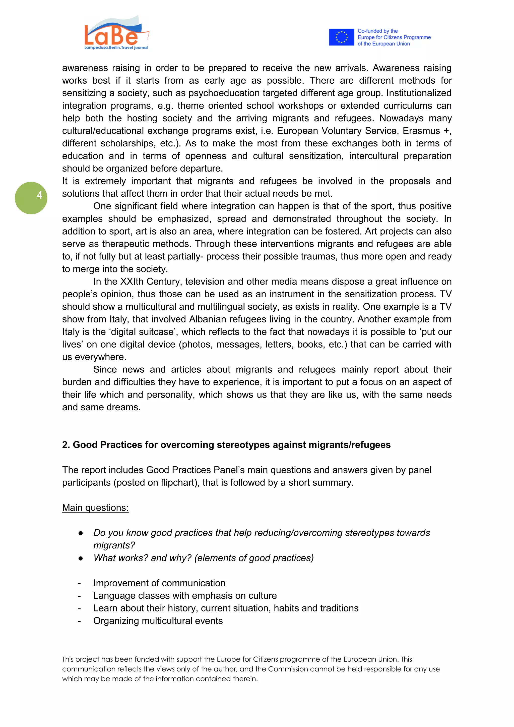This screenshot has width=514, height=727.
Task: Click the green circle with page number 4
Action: pos(31,198)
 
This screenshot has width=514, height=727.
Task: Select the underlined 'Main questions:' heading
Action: pos(95,508)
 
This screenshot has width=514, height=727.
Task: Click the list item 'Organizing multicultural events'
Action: pos(158,621)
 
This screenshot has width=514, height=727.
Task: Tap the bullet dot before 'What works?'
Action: pos(81,558)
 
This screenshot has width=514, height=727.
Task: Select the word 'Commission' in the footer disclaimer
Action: pos(288,669)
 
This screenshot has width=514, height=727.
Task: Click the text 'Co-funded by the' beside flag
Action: pos(377,31)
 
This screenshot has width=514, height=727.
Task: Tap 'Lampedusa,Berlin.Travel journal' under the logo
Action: pos(116,48)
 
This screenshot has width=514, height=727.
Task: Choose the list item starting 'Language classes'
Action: pos(184,596)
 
